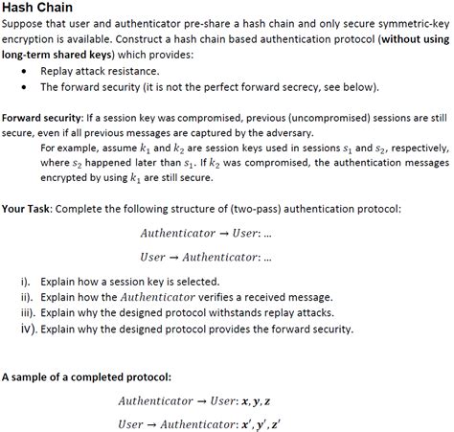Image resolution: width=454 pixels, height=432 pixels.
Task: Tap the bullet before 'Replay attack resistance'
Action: coord(23,71)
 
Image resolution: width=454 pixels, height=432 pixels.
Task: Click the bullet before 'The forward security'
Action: coord(23,86)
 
